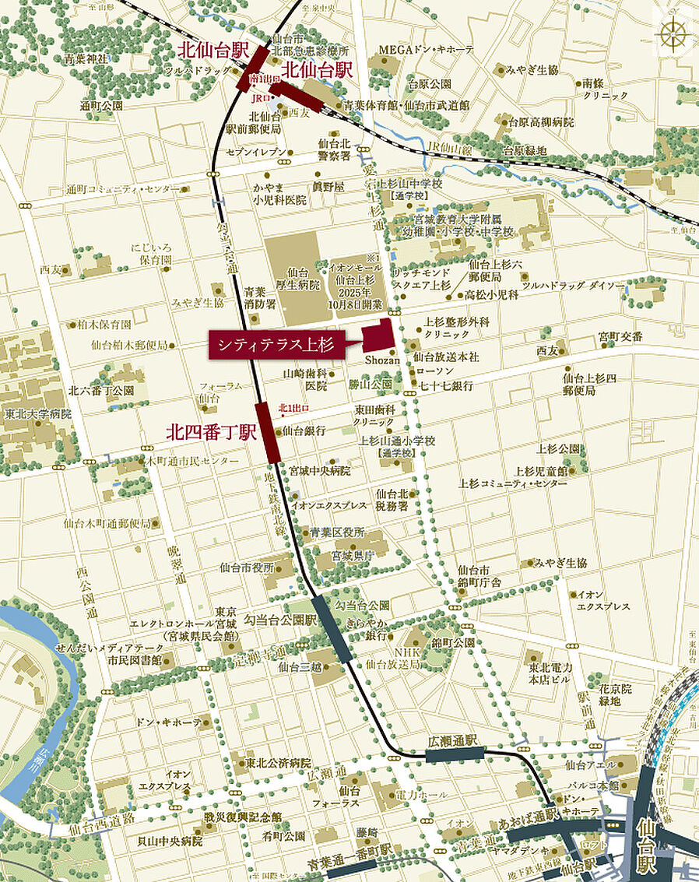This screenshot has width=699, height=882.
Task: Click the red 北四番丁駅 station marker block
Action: [x=269, y=430]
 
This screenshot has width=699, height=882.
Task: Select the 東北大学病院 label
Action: [x=37, y=414]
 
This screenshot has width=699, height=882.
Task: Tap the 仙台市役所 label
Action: [x=247, y=567]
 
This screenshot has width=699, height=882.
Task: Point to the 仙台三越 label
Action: [x=295, y=666]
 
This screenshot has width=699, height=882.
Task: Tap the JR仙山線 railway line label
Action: [x=448, y=146]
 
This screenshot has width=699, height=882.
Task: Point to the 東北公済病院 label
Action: [x=278, y=763]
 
